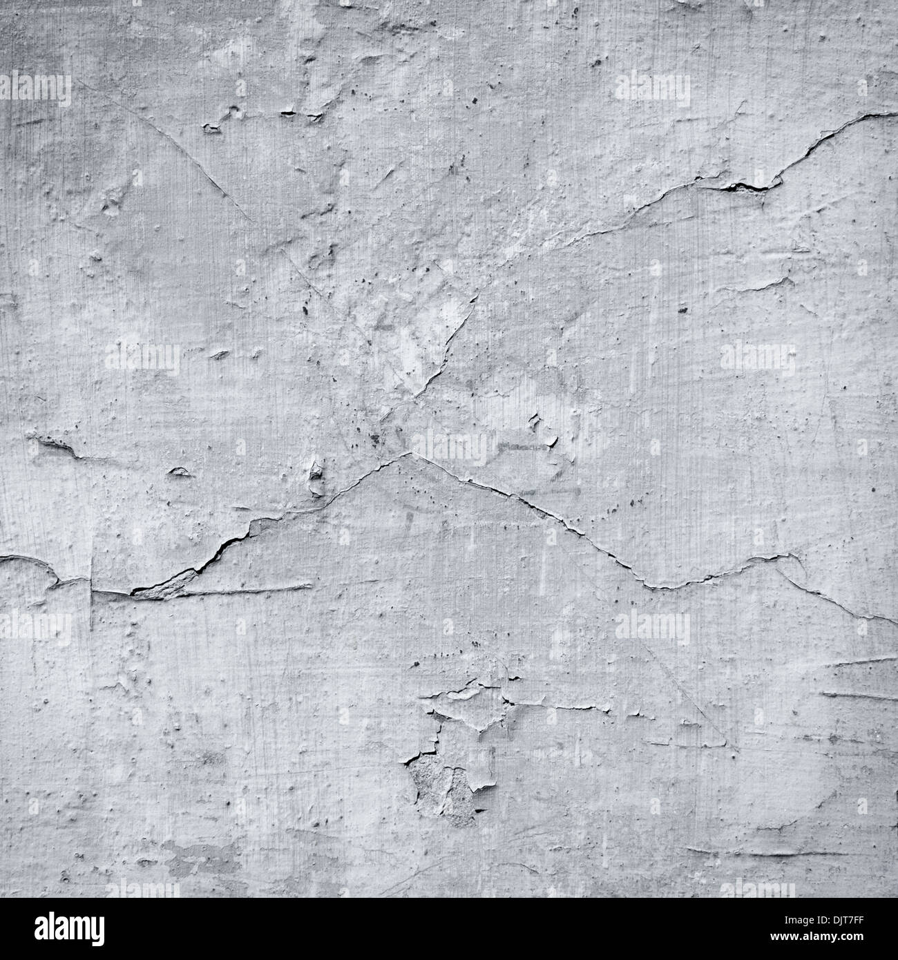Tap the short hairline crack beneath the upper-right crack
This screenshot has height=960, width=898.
(x=760, y=283)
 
